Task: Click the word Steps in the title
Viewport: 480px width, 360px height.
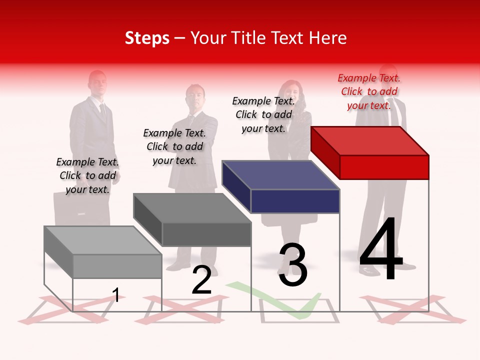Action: (x=147, y=38)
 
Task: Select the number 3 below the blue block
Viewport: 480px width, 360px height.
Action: (x=293, y=265)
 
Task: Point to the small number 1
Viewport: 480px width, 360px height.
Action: (x=116, y=295)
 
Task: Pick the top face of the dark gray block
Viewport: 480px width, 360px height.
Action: (x=192, y=208)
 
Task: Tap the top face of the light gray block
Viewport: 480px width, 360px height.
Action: (x=103, y=240)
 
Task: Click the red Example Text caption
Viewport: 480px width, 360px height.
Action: (x=369, y=91)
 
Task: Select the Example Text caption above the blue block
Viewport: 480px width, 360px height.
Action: (x=263, y=114)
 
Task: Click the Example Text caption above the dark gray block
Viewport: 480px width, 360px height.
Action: (x=174, y=146)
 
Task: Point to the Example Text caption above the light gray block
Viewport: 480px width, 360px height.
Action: (x=87, y=175)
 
